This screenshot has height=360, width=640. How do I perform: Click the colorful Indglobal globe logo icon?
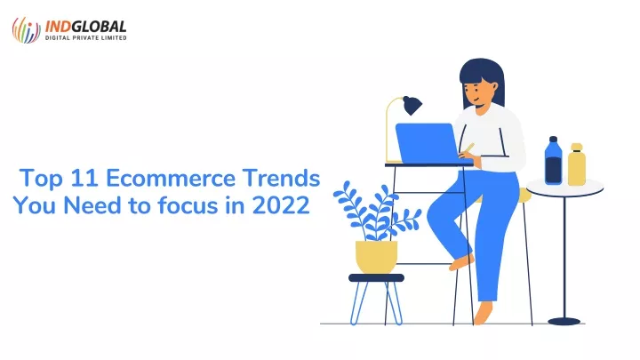click(26, 30)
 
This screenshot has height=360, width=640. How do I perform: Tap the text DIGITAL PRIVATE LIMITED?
click(85, 38)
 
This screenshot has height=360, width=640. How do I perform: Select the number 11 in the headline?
click(84, 179)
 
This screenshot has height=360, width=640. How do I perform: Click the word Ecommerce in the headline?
click(171, 179)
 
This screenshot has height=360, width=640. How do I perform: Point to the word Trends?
click(281, 179)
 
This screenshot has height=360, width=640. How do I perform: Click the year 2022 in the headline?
click(281, 205)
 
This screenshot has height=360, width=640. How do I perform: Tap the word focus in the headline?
click(188, 205)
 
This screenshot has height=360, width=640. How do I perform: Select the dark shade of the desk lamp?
click(412, 105)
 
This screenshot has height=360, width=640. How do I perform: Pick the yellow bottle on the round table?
click(577, 164)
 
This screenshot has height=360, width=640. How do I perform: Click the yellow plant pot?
click(376, 257)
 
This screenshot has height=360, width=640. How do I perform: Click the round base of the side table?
click(564, 322)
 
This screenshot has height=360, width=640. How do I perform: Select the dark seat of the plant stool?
click(376, 278)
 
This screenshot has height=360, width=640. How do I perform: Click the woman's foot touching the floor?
click(483, 314)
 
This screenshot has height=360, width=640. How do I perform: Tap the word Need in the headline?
click(92, 205)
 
